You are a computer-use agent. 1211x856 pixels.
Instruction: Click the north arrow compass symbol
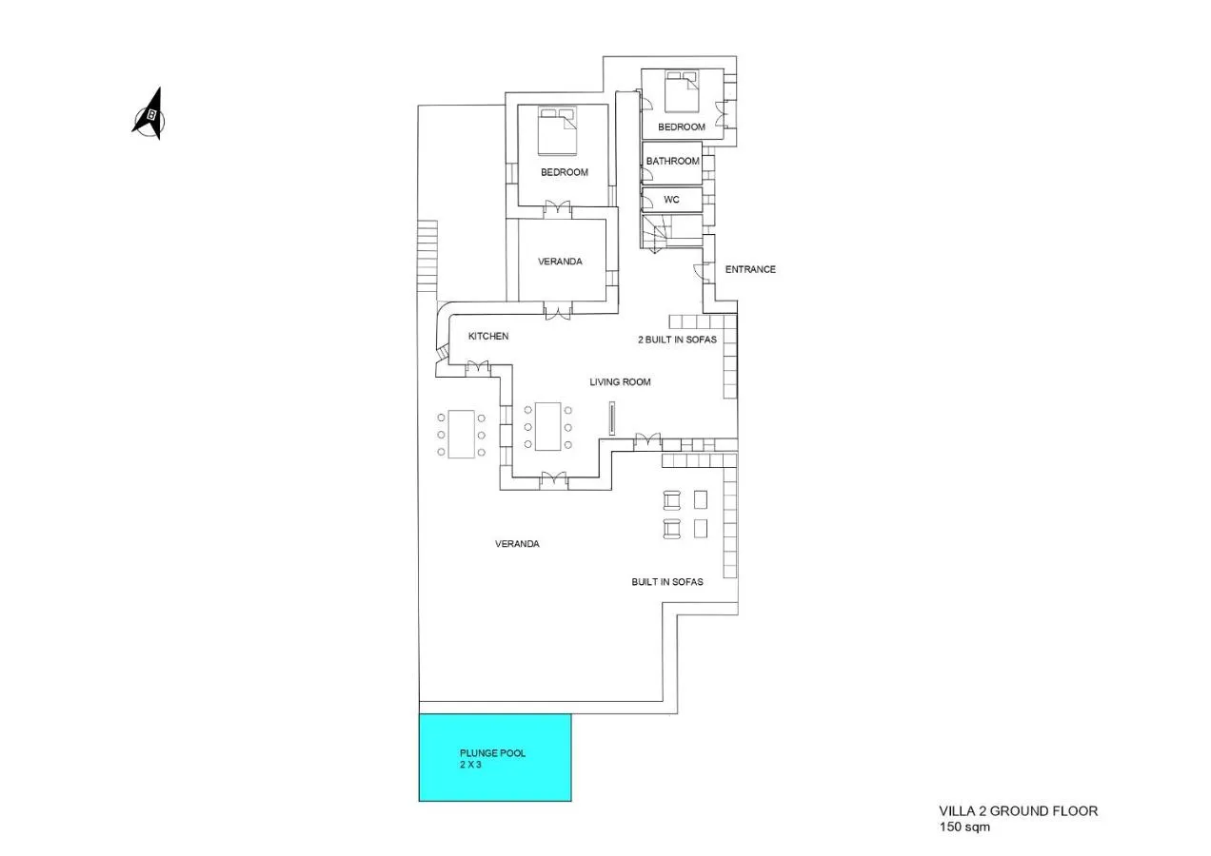pyautogui.click(x=149, y=114)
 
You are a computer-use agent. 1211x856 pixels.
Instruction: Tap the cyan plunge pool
pyautogui.click(x=495, y=757)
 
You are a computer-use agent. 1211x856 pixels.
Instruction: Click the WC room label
pyautogui.click(x=671, y=200)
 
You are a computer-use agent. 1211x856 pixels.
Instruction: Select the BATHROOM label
pyautogui.click(x=672, y=161)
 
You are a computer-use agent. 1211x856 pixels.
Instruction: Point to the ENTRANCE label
pyautogui.click(x=750, y=269)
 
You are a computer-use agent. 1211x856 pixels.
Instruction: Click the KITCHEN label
pyautogui.click(x=488, y=336)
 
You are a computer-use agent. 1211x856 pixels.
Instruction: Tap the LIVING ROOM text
pyautogui.click(x=620, y=381)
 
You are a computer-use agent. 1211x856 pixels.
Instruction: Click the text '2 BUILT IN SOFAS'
pyautogui.click(x=678, y=340)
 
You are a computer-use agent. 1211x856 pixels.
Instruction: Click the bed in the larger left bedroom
pyautogui.click(x=557, y=131)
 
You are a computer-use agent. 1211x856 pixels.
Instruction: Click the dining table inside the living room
pyautogui.click(x=547, y=426)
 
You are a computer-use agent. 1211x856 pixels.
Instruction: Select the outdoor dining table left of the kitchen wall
pyautogui.click(x=461, y=435)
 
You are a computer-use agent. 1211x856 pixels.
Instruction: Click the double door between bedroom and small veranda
pyautogui.click(x=557, y=208)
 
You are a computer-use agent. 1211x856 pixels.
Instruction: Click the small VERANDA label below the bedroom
pyautogui.click(x=560, y=262)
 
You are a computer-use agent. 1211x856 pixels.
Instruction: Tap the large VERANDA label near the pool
pyautogui.click(x=517, y=544)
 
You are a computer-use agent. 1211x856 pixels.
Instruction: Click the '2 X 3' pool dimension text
pyautogui.click(x=470, y=765)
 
